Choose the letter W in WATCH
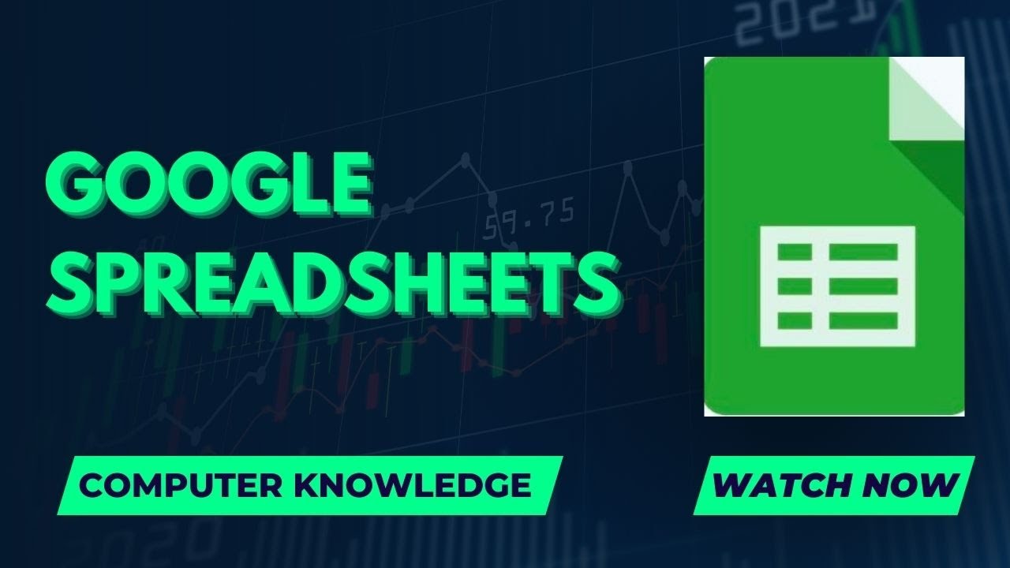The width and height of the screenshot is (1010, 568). pos(729,485)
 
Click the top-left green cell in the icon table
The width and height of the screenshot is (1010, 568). pos(795,252)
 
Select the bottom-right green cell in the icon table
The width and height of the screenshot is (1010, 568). pos(863,321)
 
